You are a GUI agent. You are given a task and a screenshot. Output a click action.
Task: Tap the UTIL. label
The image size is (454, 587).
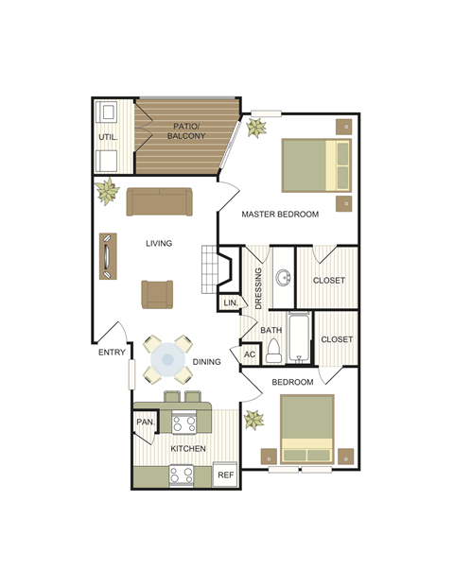click(107, 137)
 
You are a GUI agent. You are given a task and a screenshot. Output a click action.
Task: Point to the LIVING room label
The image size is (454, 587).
click(159, 243)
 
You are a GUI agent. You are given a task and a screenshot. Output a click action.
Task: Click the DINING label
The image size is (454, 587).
click(207, 361)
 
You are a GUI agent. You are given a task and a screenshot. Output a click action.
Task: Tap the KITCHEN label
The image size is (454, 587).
click(188, 448)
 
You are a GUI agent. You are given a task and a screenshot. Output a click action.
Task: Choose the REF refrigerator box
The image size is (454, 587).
click(225, 475)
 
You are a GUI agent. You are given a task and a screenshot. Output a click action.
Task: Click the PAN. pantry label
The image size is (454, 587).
click(146, 422)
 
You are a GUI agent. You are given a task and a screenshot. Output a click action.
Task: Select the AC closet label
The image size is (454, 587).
click(250, 354)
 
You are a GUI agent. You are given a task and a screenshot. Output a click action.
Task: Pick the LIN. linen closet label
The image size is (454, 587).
click(230, 302)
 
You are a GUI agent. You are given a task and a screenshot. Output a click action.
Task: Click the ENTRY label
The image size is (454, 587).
click(112, 354)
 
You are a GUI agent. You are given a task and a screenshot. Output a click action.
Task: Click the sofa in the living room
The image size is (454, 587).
click(159, 201)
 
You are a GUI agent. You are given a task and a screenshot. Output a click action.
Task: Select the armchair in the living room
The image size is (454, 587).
click(158, 294)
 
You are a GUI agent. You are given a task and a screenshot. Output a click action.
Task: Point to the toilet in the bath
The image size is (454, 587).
click(273, 352)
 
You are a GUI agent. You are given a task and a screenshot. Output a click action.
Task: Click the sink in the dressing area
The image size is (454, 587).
click(283, 278)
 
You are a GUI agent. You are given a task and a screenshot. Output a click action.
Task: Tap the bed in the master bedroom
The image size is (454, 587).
click(317, 164)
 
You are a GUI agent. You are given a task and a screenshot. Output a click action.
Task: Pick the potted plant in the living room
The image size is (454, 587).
click(107, 191)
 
